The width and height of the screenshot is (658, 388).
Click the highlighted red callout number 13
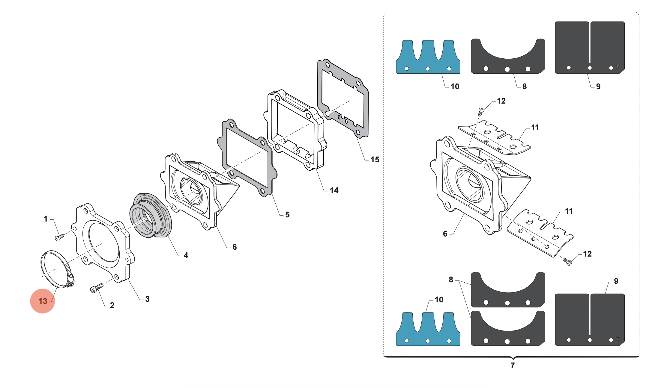click(43, 301)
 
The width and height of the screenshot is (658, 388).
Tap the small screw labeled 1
click(59, 237)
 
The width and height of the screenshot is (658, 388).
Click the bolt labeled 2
click(96, 288)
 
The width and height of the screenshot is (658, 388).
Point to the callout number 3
click(147, 299)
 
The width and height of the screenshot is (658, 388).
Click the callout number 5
click(287, 215)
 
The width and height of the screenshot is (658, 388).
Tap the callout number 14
click(334, 190)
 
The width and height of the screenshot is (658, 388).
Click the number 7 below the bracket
click(513, 366)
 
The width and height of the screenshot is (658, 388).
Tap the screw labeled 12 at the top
click(481, 111)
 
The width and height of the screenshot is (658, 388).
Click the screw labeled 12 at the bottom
click(568, 262)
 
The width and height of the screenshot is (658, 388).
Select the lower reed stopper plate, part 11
click(540, 234)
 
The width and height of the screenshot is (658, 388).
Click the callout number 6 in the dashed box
click(445, 234)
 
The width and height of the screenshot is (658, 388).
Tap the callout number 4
click(186, 255)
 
